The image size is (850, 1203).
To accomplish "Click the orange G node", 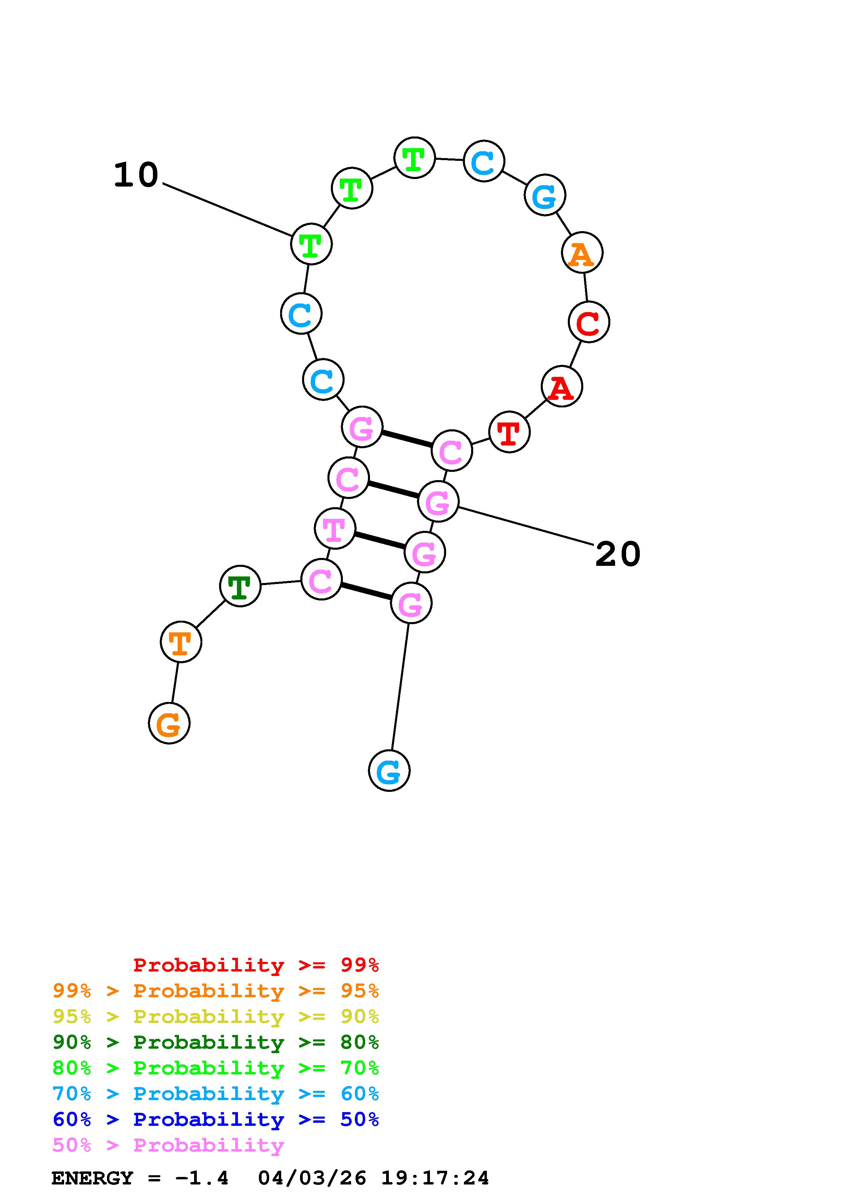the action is pyautogui.click(x=169, y=724).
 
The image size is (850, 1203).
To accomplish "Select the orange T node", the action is pyautogui.click(x=181, y=642).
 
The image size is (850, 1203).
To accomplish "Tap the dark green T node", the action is pyautogui.click(x=240, y=586).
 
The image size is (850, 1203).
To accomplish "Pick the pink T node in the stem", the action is pyautogui.click(x=335, y=529).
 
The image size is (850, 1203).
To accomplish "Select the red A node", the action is pyautogui.click(x=561, y=387).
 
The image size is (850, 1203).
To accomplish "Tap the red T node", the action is pyautogui.click(x=509, y=432).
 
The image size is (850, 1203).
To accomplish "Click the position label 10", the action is pyautogui.click(x=136, y=175).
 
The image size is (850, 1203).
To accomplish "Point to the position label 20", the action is pyautogui.click(x=618, y=554).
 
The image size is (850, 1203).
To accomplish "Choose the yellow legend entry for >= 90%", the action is pyautogui.click(x=215, y=1016).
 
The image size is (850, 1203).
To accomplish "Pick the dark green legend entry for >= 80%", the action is pyautogui.click(x=215, y=1042).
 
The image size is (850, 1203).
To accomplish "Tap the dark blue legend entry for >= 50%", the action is pyautogui.click(x=215, y=1119).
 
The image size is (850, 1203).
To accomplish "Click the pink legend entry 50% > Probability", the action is pyautogui.click(x=168, y=1145).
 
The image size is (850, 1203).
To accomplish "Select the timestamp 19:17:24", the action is pyautogui.click(x=435, y=1178).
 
